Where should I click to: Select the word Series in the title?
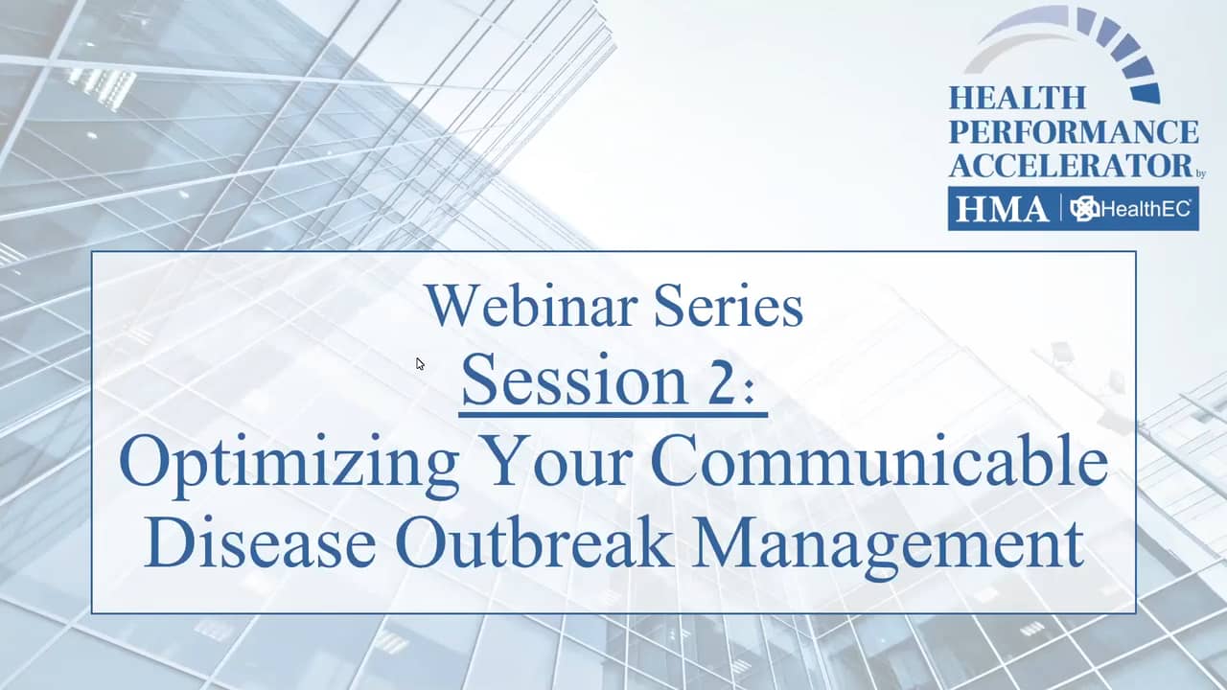729,306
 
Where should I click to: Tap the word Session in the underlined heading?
574,380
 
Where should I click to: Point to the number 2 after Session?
719,380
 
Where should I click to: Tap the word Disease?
260,541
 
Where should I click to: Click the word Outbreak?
534,541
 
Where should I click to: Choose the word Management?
888,546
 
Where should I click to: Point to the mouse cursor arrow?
420,364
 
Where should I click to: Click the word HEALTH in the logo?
1017,99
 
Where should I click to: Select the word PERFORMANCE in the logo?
1074,132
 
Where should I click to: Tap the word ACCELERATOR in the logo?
1071,166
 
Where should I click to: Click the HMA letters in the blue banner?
1003,209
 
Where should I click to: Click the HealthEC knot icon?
1084,209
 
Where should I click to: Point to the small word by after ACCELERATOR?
1200,174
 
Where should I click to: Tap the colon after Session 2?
750,392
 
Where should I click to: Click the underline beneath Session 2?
613,416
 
